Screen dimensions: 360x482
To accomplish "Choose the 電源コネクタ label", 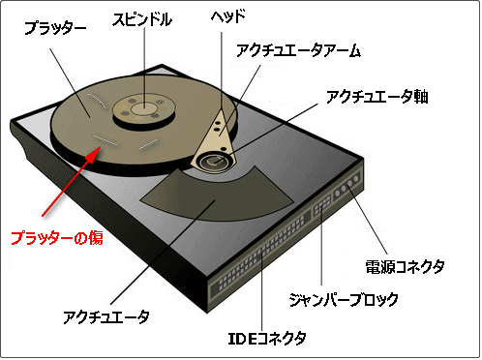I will (405, 265).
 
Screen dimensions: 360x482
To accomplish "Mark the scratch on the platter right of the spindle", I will (148, 144).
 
